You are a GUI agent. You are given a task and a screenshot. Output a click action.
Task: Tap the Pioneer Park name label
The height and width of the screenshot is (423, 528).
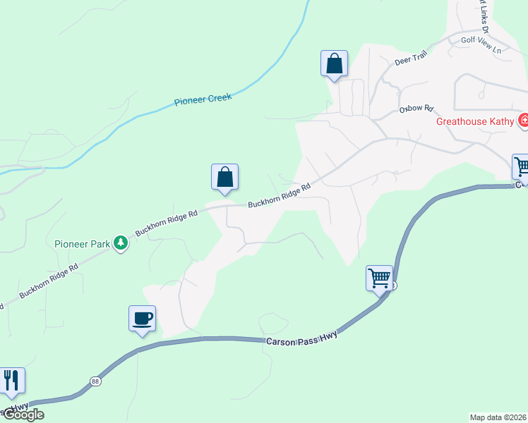(83, 244)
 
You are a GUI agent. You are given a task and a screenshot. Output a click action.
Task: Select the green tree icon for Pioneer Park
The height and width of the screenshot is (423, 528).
(121, 243)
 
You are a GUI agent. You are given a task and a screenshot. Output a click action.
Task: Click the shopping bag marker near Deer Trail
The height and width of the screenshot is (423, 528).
(334, 63)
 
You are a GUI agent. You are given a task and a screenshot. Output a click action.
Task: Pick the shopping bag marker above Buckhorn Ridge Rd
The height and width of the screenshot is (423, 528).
(224, 176)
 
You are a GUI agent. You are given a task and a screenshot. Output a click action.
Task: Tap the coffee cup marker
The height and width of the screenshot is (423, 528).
(142, 318)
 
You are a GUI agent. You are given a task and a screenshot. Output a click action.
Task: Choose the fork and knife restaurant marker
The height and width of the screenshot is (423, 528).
(11, 380)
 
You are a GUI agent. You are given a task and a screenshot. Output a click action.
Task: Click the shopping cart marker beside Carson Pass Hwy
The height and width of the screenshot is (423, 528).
(379, 278)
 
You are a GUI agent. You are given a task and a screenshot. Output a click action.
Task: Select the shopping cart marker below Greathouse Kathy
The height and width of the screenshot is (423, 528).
(522, 167)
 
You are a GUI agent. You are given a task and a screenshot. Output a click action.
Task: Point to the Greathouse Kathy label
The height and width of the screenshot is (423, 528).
(474, 121)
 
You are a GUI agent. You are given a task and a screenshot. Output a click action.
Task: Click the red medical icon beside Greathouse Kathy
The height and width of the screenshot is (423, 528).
(524, 121)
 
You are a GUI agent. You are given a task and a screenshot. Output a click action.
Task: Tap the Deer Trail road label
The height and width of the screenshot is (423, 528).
(412, 61)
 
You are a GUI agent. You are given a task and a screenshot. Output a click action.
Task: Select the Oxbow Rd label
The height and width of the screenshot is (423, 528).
(415, 109)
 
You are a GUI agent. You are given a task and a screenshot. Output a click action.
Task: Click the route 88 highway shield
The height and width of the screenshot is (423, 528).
(95, 381)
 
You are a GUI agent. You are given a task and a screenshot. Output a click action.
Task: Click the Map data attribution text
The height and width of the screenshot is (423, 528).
(498, 417)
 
